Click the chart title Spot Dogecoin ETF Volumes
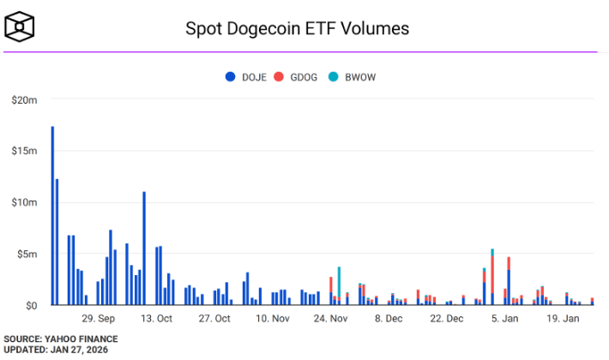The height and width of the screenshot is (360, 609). pos(298,28)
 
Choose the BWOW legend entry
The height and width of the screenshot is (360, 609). pos(352,78)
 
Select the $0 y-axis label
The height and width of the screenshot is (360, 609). pos(31,305)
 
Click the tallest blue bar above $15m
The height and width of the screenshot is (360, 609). pos(52,214)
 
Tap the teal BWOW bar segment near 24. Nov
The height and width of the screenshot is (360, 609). pos(339,281)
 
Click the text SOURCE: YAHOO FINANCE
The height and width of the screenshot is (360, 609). pos(59,339)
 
